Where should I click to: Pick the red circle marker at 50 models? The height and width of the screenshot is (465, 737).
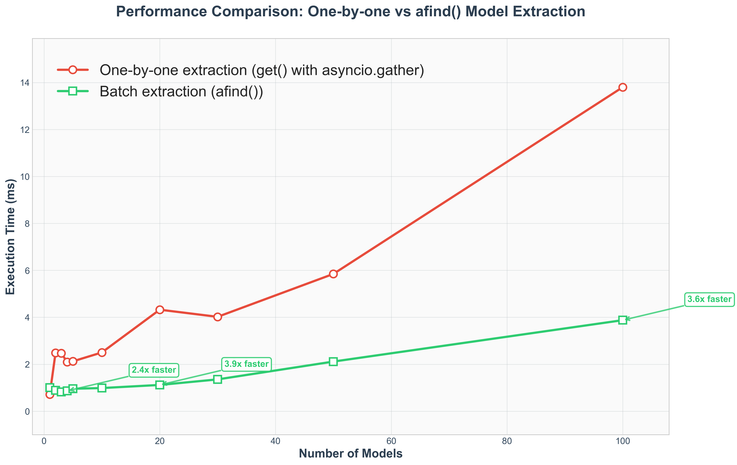pyautogui.click(x=333, y=274)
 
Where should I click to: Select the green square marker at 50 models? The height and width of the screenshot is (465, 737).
pyautogui.click(x=333, y=361)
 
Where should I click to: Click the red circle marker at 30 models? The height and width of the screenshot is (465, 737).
pyautogui.click(x=218, y=317)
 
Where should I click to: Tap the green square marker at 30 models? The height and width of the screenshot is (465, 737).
pyautogui.click(x=218, y=379)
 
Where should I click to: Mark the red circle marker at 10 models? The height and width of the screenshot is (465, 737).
pyautogui.click(x=102, y=352)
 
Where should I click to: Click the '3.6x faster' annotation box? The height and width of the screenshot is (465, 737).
pyautogui.click(x=709, y=299)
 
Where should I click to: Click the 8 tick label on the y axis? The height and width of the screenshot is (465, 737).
pyautogui.click(x=27, y=224)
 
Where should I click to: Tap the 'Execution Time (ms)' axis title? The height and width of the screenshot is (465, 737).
pyautogui.click(x=11, y=237)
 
